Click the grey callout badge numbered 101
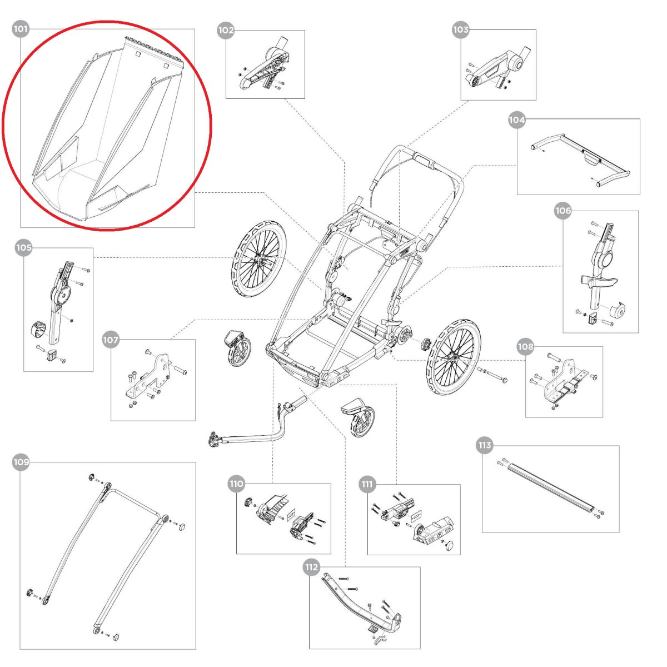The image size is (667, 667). [x=21, y=29]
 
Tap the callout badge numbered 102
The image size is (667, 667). [x=226, y=31]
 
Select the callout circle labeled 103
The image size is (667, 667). [x=461, y=29]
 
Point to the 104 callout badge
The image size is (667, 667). [x=517, y=120]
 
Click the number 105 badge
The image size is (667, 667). [x=23, y=248]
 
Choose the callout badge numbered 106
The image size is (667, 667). [x=563, y=211]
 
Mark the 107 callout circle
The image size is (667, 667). [x=111, y=340]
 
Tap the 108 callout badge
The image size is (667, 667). [x=525, y=347]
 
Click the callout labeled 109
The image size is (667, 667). [x=21, y=462]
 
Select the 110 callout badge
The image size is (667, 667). [x=236, y=484]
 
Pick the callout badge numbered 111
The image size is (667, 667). [x=367, y=484]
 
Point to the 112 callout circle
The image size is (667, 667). [x=311, y=567]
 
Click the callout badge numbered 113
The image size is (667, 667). [x=485, y=445]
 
